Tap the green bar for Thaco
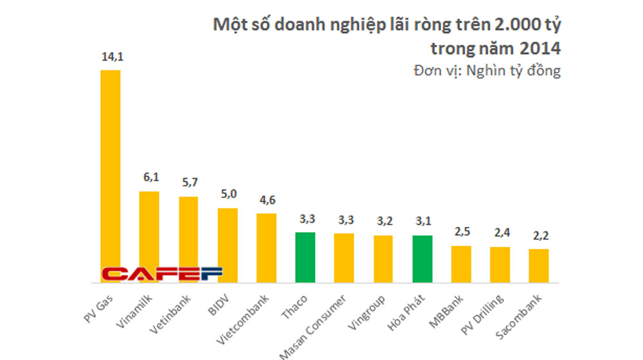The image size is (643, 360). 305,257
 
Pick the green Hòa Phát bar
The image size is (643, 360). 422,258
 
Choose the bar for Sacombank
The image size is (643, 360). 539,265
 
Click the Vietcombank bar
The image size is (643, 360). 266,248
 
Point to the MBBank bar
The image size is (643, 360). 461,264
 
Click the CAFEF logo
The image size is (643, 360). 162,274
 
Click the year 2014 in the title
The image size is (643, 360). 539,48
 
